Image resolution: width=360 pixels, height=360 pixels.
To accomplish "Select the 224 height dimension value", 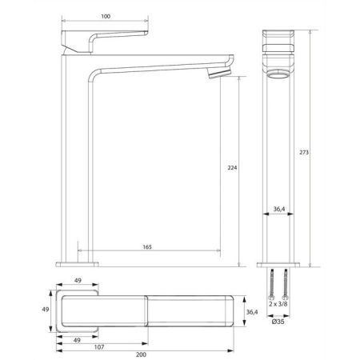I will pos(232,169).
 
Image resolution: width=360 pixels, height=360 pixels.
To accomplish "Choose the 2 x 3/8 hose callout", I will pos(278,305).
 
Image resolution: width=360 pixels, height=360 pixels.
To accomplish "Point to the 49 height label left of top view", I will pos(47,310).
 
